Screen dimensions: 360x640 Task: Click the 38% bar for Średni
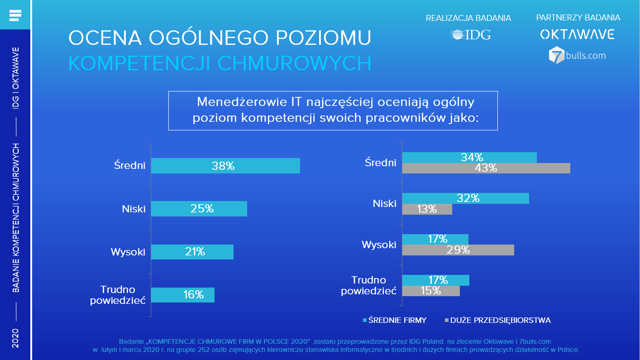pos(225,166)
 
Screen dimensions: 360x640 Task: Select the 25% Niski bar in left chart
pos(199,209)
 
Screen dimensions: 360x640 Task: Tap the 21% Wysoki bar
pos(192,252)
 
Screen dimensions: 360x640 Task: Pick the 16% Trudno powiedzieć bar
pos(182,295)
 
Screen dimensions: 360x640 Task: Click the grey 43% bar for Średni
pos(486,168)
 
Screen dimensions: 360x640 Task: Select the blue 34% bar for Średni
pos(469,158)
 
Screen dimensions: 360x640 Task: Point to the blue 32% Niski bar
pos(465,198)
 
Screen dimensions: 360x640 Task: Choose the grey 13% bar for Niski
pos(427,209)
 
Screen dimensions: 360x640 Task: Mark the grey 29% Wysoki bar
pos(458,250)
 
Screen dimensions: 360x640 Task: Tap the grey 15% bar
pos(430,291)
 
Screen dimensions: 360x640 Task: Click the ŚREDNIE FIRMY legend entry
pos(395,321)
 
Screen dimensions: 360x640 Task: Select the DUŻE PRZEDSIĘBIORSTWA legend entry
pos(498,321)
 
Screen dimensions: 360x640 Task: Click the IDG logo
pos(470,35)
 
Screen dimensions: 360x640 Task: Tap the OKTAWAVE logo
pos(577,34)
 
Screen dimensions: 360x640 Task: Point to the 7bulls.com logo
pos(577,55)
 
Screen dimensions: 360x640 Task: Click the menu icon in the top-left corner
pos(15,15)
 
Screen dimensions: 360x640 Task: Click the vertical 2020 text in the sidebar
pos(15,338)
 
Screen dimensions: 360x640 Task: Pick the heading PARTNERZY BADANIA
pos(578,18)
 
